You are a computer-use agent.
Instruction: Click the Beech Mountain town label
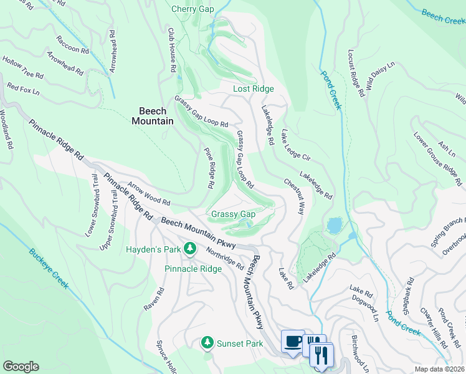[153, 115]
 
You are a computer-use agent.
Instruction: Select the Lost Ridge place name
[254, 89]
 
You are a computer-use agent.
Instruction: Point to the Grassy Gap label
[234, 214]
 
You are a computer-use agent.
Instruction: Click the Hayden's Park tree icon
[188, 249]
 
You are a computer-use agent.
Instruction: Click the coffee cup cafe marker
[293, 341]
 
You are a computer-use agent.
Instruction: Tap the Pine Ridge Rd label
[209, 168]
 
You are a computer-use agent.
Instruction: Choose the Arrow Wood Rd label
[149, 194]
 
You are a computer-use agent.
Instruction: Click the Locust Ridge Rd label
[356, 74]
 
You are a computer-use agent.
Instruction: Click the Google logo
[21, 366]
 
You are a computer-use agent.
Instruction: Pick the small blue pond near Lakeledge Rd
[334, 225]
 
